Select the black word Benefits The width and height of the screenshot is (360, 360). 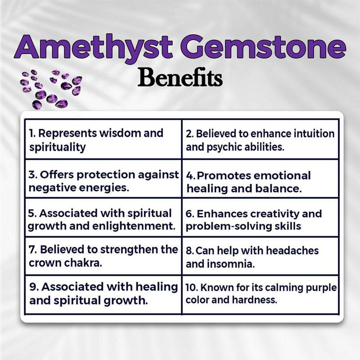(x=180, y=77)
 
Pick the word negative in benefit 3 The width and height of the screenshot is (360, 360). (x=49, y=188)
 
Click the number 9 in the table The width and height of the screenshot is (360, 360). (x=32, y=287)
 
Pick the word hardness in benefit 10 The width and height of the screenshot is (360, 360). (x=259, y=299)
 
